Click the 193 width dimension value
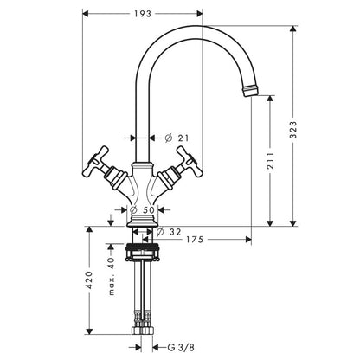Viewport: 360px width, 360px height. click(x=143, y=14)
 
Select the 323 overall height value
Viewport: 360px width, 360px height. click(x=293, y=130)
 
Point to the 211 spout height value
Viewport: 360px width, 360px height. click(x=270, y=161)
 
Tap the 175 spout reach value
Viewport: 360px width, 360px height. click(x=195, y=240)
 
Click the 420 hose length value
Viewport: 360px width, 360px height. click(x=89, y=280)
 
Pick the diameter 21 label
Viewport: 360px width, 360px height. click(x=177, y=138)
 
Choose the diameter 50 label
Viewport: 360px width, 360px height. click(x=143, y=210)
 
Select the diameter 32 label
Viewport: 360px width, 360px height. click(x=169, y=232)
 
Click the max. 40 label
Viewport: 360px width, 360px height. click(x=112, y=276)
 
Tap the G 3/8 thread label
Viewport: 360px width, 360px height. click(x=181, y=347)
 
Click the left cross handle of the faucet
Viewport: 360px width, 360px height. click(x=104, y=169)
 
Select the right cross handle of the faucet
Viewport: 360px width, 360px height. click(x=181, y=169)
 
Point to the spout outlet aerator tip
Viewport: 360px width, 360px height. click(x=250, y=90)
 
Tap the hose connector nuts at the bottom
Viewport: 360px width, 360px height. click(x=143, y=331)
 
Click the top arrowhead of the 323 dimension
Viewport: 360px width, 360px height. click(x=293, y=29)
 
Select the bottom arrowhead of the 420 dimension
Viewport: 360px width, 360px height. click(x=89, y=331)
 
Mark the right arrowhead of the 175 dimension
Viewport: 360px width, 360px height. click(x=247, y=240)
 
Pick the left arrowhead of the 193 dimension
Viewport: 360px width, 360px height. click(x=86, y=13)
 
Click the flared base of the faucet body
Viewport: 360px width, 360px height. click(x=143, y=222)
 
